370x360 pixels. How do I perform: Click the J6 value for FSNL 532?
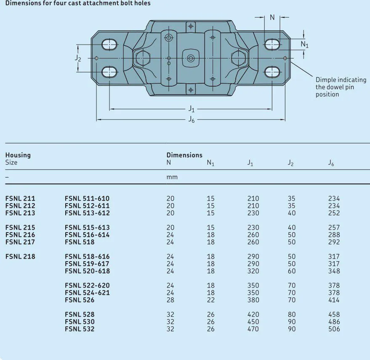coord(334,329)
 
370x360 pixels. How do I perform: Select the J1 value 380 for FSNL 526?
coord(253,300)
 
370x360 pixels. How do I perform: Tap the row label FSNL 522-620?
coord(87,286)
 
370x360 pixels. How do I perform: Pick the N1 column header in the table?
coord(210,163)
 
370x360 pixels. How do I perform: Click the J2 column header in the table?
coord(290,163)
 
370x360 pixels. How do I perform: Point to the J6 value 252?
coord(334,213)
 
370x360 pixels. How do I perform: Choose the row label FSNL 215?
coord(20,228)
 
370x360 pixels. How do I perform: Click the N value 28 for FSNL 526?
coord(170,300)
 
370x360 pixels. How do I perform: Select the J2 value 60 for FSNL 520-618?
coord(292,271)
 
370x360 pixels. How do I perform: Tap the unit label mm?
coord(172,177)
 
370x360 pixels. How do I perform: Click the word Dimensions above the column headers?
coord(184,155)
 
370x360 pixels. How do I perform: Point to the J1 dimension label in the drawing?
coord(192,109)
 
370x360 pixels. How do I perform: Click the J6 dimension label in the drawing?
coord(192,119)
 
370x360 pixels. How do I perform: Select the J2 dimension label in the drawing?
coord(78,58)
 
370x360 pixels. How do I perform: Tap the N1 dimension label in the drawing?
coord(304,44)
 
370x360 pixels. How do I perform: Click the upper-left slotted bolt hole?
coord(109,45)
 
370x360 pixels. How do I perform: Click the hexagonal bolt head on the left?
coord(143,58)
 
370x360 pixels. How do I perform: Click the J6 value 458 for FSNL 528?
coord(334,315)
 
